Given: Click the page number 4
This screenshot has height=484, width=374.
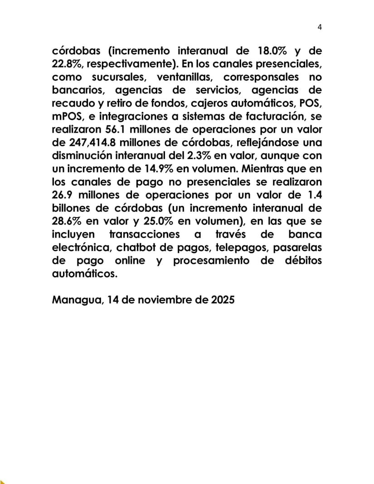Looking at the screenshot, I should tap(320, 27).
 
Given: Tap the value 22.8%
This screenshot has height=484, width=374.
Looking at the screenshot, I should tap(67, 64).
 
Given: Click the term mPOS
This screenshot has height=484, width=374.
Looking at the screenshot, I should tap(67, 116).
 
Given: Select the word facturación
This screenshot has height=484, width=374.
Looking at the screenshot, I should tap(268, 116).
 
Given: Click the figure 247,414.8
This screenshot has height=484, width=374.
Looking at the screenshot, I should tap(89, 143).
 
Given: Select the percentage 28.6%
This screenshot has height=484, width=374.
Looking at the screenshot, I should tap(67, 222).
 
